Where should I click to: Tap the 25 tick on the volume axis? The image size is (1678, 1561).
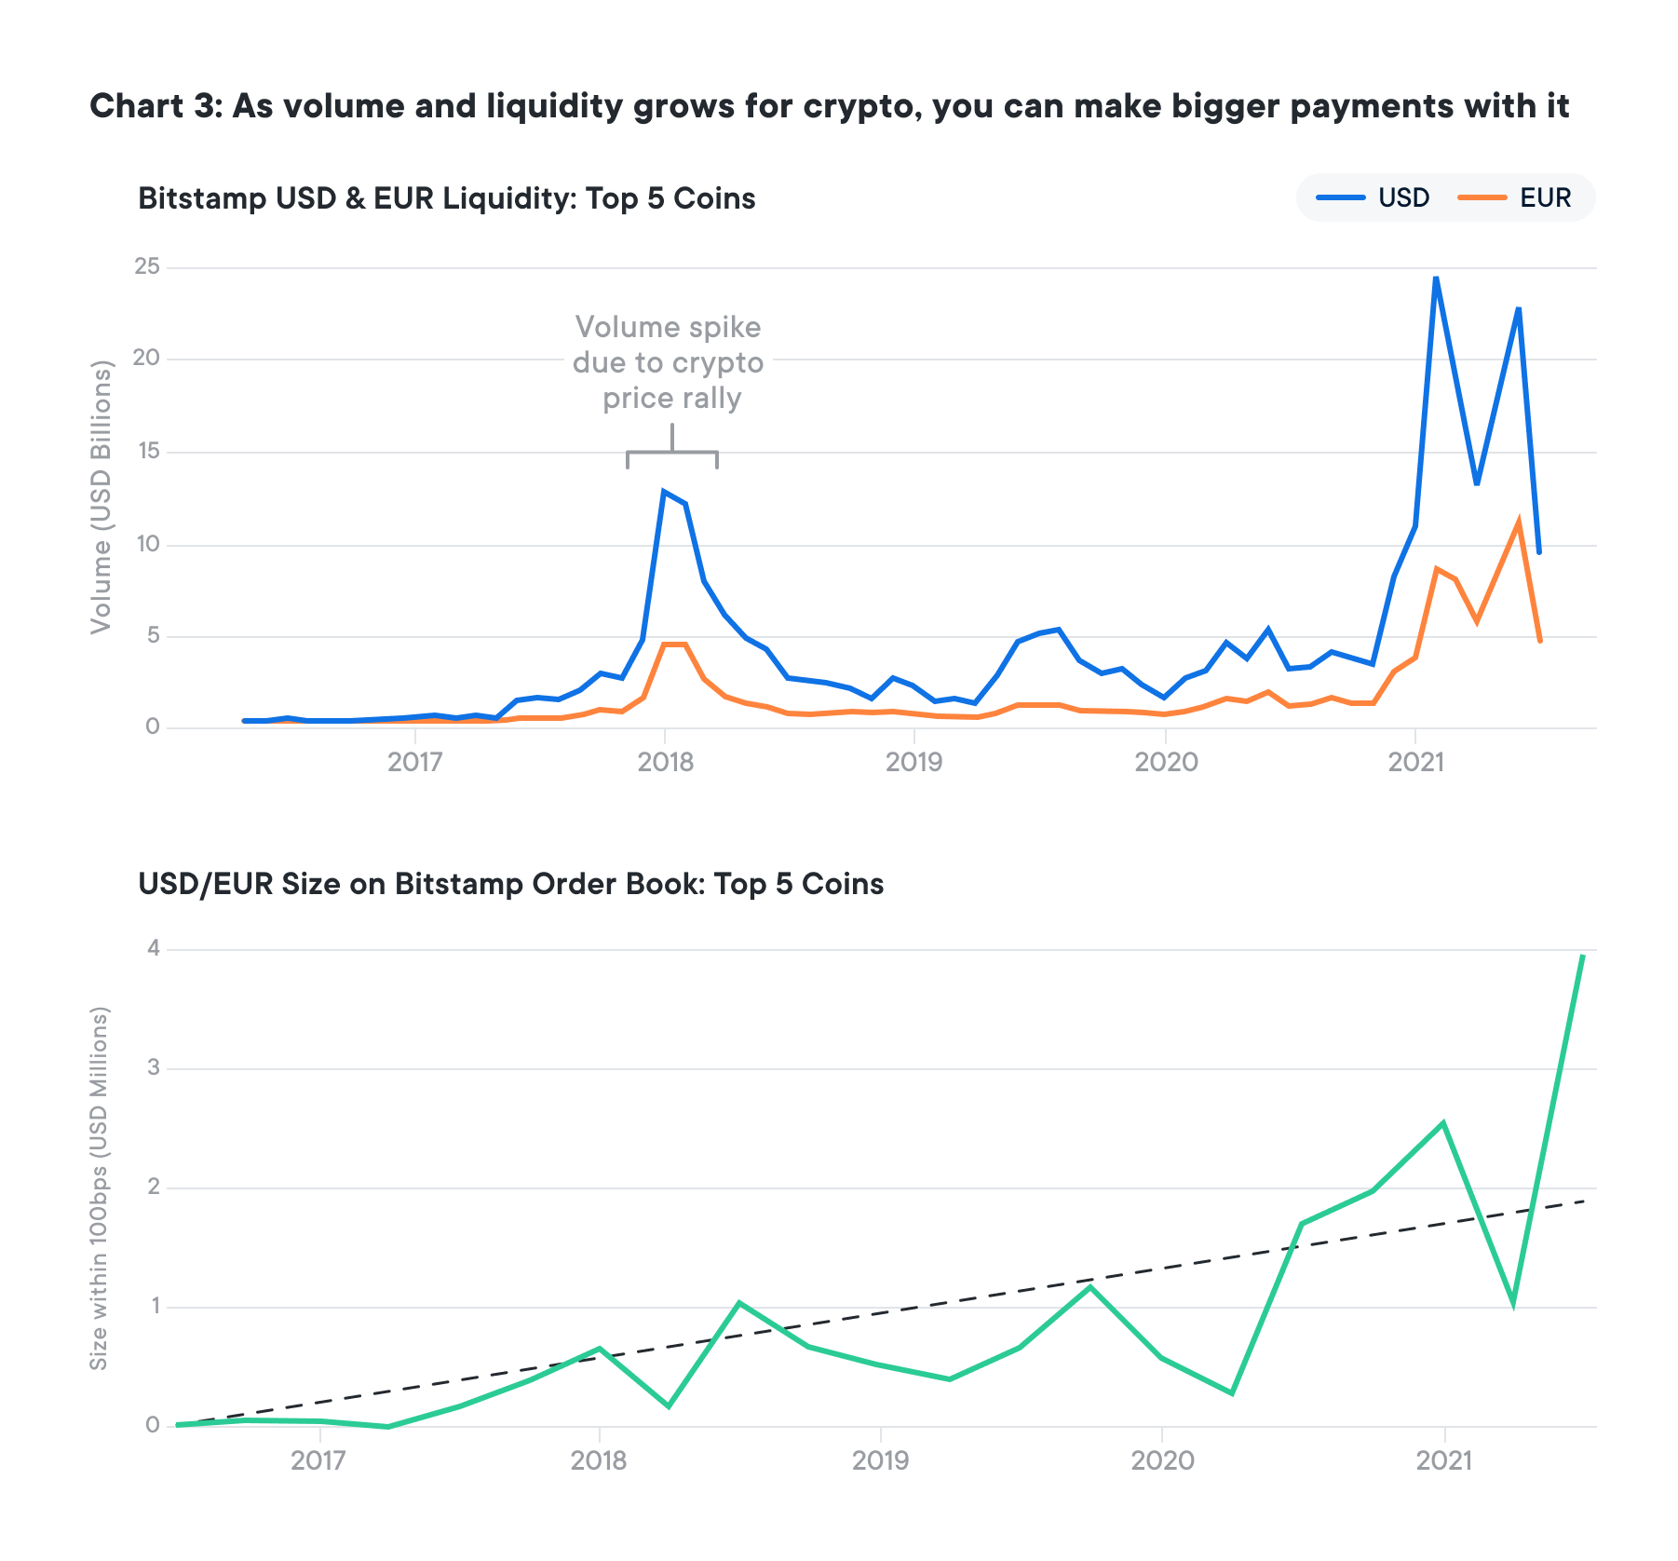pos(147,267)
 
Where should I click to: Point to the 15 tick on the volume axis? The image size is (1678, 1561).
pos(147,452)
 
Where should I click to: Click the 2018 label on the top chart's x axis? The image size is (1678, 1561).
pos(665,763)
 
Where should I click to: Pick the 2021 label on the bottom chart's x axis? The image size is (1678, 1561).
pos(1443,1460)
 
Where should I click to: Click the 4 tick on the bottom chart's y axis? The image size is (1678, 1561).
pos(154,949)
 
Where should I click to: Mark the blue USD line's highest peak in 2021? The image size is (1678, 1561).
pos(1436,278)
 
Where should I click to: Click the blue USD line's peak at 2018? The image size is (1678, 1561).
pos(663,491)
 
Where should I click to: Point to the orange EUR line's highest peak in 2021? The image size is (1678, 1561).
pos(1519,523)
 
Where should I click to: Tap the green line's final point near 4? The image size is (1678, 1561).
pos(1583,956)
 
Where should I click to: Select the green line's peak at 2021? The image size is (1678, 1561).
pos(1442,1122)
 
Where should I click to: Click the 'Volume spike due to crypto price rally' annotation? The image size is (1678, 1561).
pos(669,362)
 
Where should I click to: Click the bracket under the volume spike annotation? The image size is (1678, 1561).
pos(671,454)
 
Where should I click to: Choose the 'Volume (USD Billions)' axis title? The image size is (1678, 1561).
pos(101,497)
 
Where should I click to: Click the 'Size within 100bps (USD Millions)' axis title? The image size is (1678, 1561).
pos(99,1188)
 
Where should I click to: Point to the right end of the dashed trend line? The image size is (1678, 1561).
pos(1583,1201)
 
